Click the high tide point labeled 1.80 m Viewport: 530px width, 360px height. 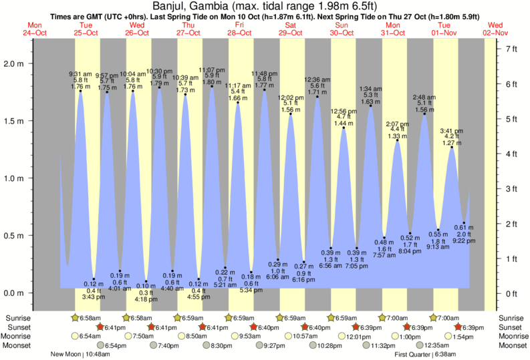point(212,86)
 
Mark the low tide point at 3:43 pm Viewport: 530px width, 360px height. point(94,279)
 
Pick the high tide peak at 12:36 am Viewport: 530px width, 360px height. point(317,97)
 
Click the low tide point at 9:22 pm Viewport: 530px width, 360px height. point(463,223)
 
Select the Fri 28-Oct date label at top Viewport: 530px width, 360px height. point(239,29)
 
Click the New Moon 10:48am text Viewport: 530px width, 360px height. point(80,355)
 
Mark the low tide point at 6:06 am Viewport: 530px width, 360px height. point(278,260)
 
